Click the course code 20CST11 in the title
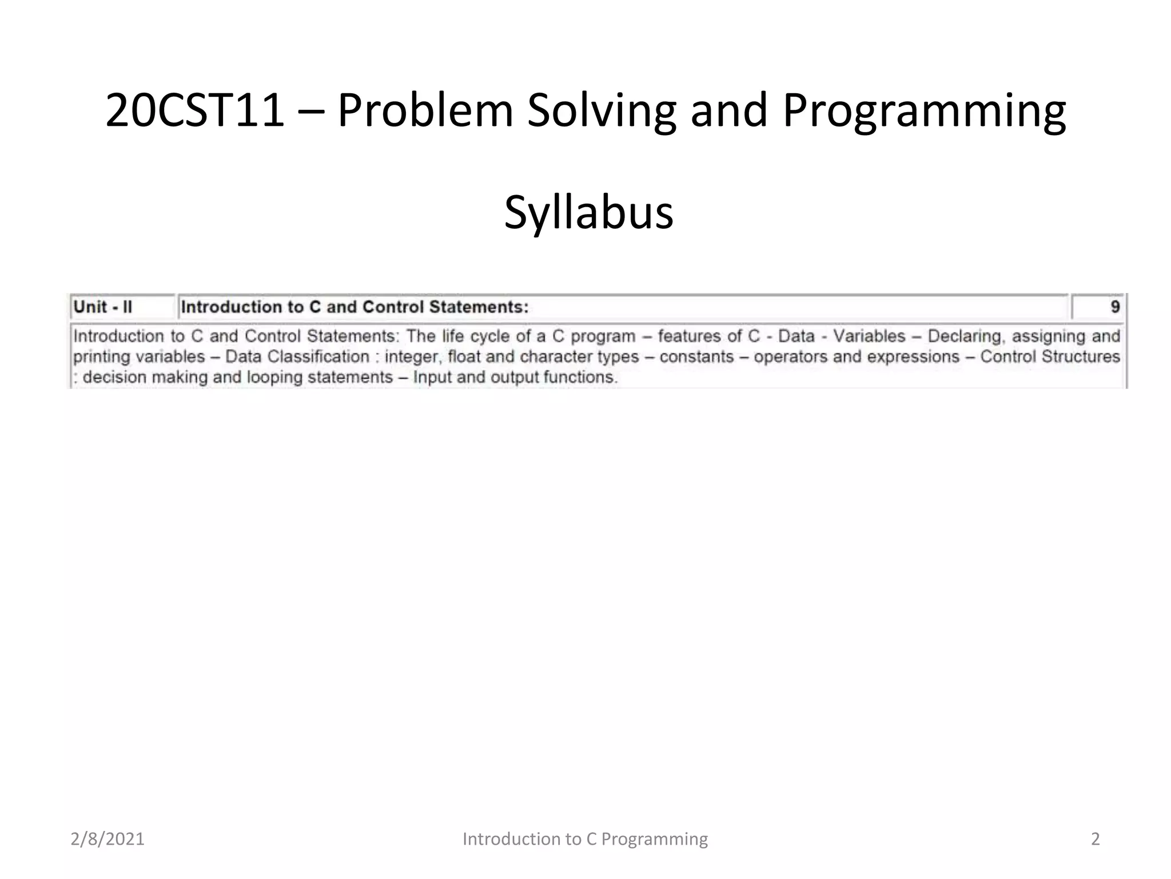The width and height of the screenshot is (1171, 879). [195, 110]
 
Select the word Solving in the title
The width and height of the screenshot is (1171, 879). [602, 110]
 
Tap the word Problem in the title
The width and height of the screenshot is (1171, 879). [425, 110]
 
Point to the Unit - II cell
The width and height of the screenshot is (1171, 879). [103, 307]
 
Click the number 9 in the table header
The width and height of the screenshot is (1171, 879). [1114, 307]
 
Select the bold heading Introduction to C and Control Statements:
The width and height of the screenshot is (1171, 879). [355, 307]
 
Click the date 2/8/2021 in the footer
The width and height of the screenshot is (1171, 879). [107, 839]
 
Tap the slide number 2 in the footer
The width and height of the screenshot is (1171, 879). [1095, 839]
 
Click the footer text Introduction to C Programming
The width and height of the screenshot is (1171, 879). [585, 839]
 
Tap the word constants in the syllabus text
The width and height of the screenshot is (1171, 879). [696, 357]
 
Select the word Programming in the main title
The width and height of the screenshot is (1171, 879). [924, 110]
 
